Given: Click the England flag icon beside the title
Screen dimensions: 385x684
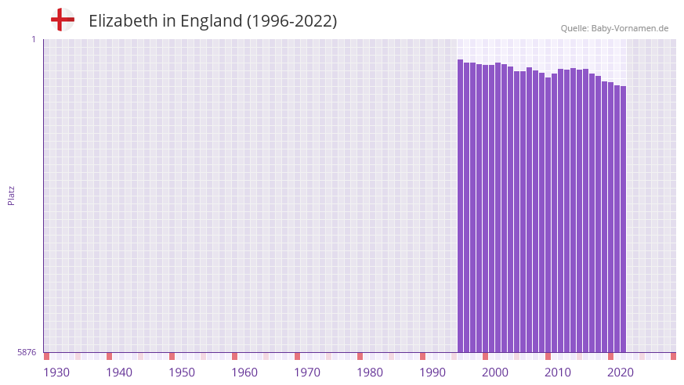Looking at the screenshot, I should (62, 20).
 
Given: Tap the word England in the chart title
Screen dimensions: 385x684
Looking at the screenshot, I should (211, 21).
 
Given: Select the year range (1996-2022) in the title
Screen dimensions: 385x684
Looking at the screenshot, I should (291, 21).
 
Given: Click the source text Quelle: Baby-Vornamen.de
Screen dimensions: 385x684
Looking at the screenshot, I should (614, 28).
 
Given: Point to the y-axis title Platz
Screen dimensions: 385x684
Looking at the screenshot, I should (11, 195).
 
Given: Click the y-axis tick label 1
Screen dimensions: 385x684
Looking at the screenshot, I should (33, 39).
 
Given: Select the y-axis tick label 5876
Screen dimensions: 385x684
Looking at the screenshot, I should (27, 353).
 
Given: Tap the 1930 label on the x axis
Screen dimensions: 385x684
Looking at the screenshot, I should (56, 372).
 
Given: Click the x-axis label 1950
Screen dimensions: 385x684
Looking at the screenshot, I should (182, 372).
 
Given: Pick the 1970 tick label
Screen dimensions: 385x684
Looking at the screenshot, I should (307, 372).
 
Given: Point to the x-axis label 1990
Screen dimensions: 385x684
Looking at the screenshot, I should (432, 372).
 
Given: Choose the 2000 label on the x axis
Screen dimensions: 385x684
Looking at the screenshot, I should (495, 372).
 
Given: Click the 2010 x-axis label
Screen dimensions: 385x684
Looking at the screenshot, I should (558, 372).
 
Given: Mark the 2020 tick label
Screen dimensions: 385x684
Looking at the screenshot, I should (621, 372).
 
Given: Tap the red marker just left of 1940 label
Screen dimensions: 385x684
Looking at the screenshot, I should (109, 356).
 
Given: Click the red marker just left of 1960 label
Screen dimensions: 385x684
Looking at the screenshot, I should (234, 356).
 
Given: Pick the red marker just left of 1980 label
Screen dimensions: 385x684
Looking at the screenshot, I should (360, 356).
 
